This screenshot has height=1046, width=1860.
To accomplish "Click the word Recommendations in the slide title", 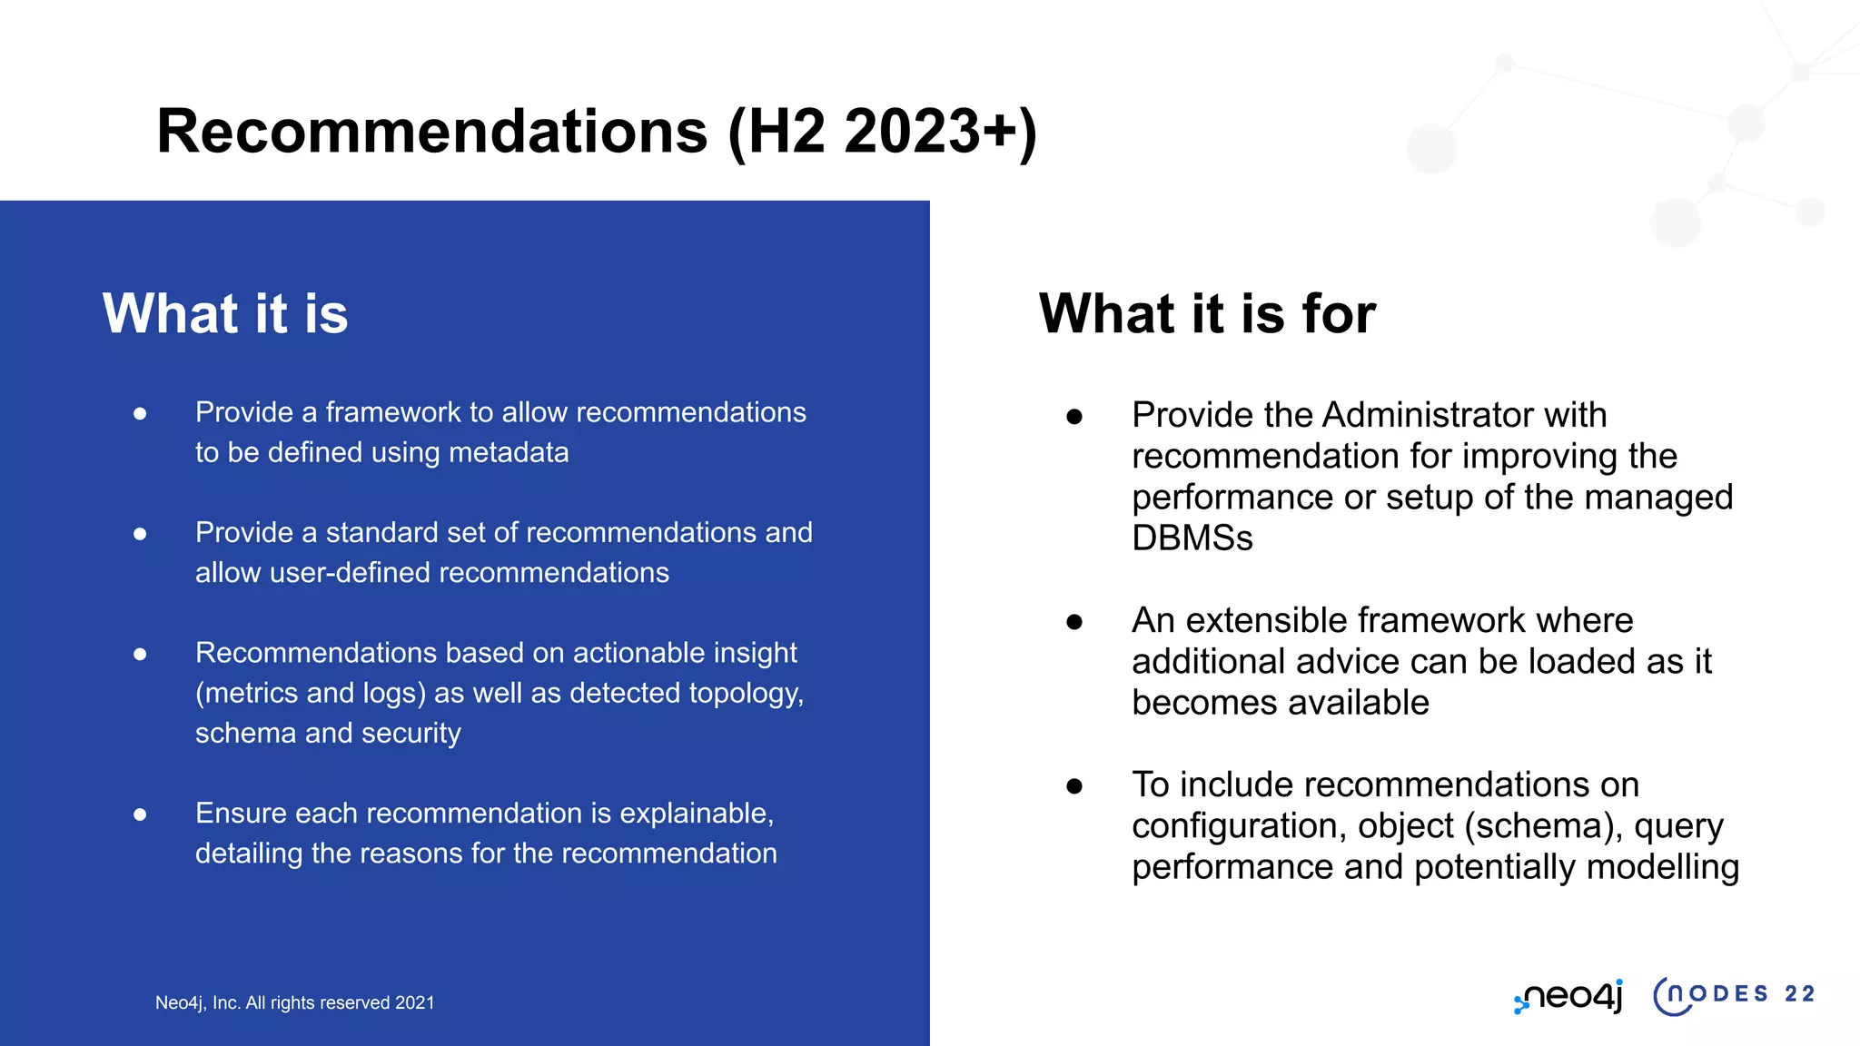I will pyautogui.click(x=431, y=132).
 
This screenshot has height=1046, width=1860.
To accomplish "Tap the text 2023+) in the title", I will pyautogui.click(x=940, y=132).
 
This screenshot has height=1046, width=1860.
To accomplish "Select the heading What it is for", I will pyautogui.click(x=1207, y=314).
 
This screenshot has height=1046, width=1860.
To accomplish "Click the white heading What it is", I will pyautogui.click(x=225, y=314).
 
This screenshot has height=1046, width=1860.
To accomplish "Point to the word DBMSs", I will pyautogui.click(x=1192, y=538).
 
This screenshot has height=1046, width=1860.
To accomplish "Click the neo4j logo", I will pyautogui.click(x=1568, y=996).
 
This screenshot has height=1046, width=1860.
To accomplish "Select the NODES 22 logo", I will pyautogui.click(x=1733, y=995).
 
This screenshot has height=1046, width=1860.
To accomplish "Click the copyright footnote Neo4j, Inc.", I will pyautogui.click(x=294, y=1003).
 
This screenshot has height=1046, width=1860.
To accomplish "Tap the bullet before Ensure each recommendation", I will pyautogui.click(x=140, y=814).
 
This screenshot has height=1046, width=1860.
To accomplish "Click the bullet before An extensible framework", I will pyautogui.click(x=1074, y=622).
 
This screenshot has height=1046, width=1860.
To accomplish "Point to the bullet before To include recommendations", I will pyautogui.click(x=1074, y=786).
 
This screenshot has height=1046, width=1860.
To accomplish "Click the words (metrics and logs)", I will pyautogui.click(x=311, y=693).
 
